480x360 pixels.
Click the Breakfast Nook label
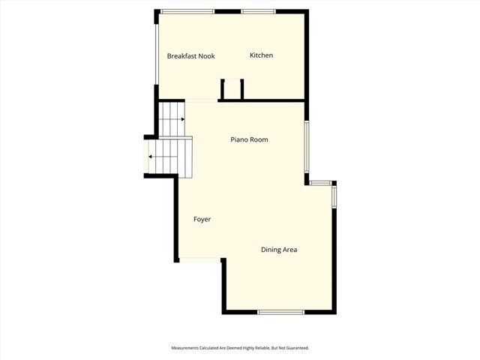[190, 55]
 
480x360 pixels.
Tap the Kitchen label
[261, 55]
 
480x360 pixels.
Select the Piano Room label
[249, 140]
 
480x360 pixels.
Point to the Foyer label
[202, 220]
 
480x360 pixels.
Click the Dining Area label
[279, 250]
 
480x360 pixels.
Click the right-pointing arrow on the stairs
[182, 118]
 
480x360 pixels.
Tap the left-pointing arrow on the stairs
[151, 157]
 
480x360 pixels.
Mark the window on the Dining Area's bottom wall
[280, 312]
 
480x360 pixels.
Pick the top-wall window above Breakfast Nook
[187, 11]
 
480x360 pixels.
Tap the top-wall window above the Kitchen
[257, 11]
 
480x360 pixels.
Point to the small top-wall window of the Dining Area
[320, 182]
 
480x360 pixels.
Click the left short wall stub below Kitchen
[223, 89]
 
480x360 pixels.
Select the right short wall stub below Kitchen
[241, 89]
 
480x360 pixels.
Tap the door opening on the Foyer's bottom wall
[200, 260]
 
